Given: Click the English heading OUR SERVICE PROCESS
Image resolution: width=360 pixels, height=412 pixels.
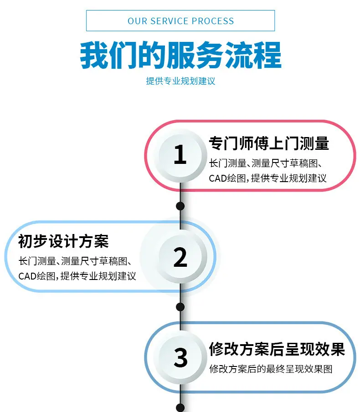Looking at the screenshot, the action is pos(180,21).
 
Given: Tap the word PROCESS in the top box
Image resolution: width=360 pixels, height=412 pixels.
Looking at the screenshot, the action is pos(213,21).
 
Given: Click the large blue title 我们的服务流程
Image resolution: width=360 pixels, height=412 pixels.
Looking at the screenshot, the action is pos(180,55).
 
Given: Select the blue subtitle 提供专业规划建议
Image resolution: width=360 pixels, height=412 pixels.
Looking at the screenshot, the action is pos(180,81).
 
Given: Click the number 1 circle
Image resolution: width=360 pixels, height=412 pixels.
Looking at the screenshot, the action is pos(180,156).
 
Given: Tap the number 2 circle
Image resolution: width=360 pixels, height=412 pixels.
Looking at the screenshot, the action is pos(180,257).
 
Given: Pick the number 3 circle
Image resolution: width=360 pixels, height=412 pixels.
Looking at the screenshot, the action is pos(180,357).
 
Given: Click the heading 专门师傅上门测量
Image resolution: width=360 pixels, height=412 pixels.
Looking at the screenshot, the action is pos(269,143).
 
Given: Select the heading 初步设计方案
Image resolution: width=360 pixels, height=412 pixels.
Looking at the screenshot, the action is pos(63,241).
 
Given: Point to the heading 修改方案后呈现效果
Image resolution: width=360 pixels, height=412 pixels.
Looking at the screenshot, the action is pos(277,349).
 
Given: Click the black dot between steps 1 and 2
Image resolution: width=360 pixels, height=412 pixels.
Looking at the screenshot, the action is pos(180,206).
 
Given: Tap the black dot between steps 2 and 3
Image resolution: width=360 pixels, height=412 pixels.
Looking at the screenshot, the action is pos(180,307).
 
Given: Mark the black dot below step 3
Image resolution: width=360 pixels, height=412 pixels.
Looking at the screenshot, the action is pos(180,407).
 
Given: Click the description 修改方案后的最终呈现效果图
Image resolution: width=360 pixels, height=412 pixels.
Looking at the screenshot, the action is pos(271,369).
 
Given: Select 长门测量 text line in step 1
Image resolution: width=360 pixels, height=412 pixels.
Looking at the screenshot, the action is pos(266,163).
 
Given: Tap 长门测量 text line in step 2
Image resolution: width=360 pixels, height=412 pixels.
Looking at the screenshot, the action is pos(75,261).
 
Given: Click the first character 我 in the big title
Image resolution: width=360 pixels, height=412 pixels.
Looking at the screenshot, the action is pos(94,55).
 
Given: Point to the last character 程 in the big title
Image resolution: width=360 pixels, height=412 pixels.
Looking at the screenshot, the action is pos(267,55).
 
